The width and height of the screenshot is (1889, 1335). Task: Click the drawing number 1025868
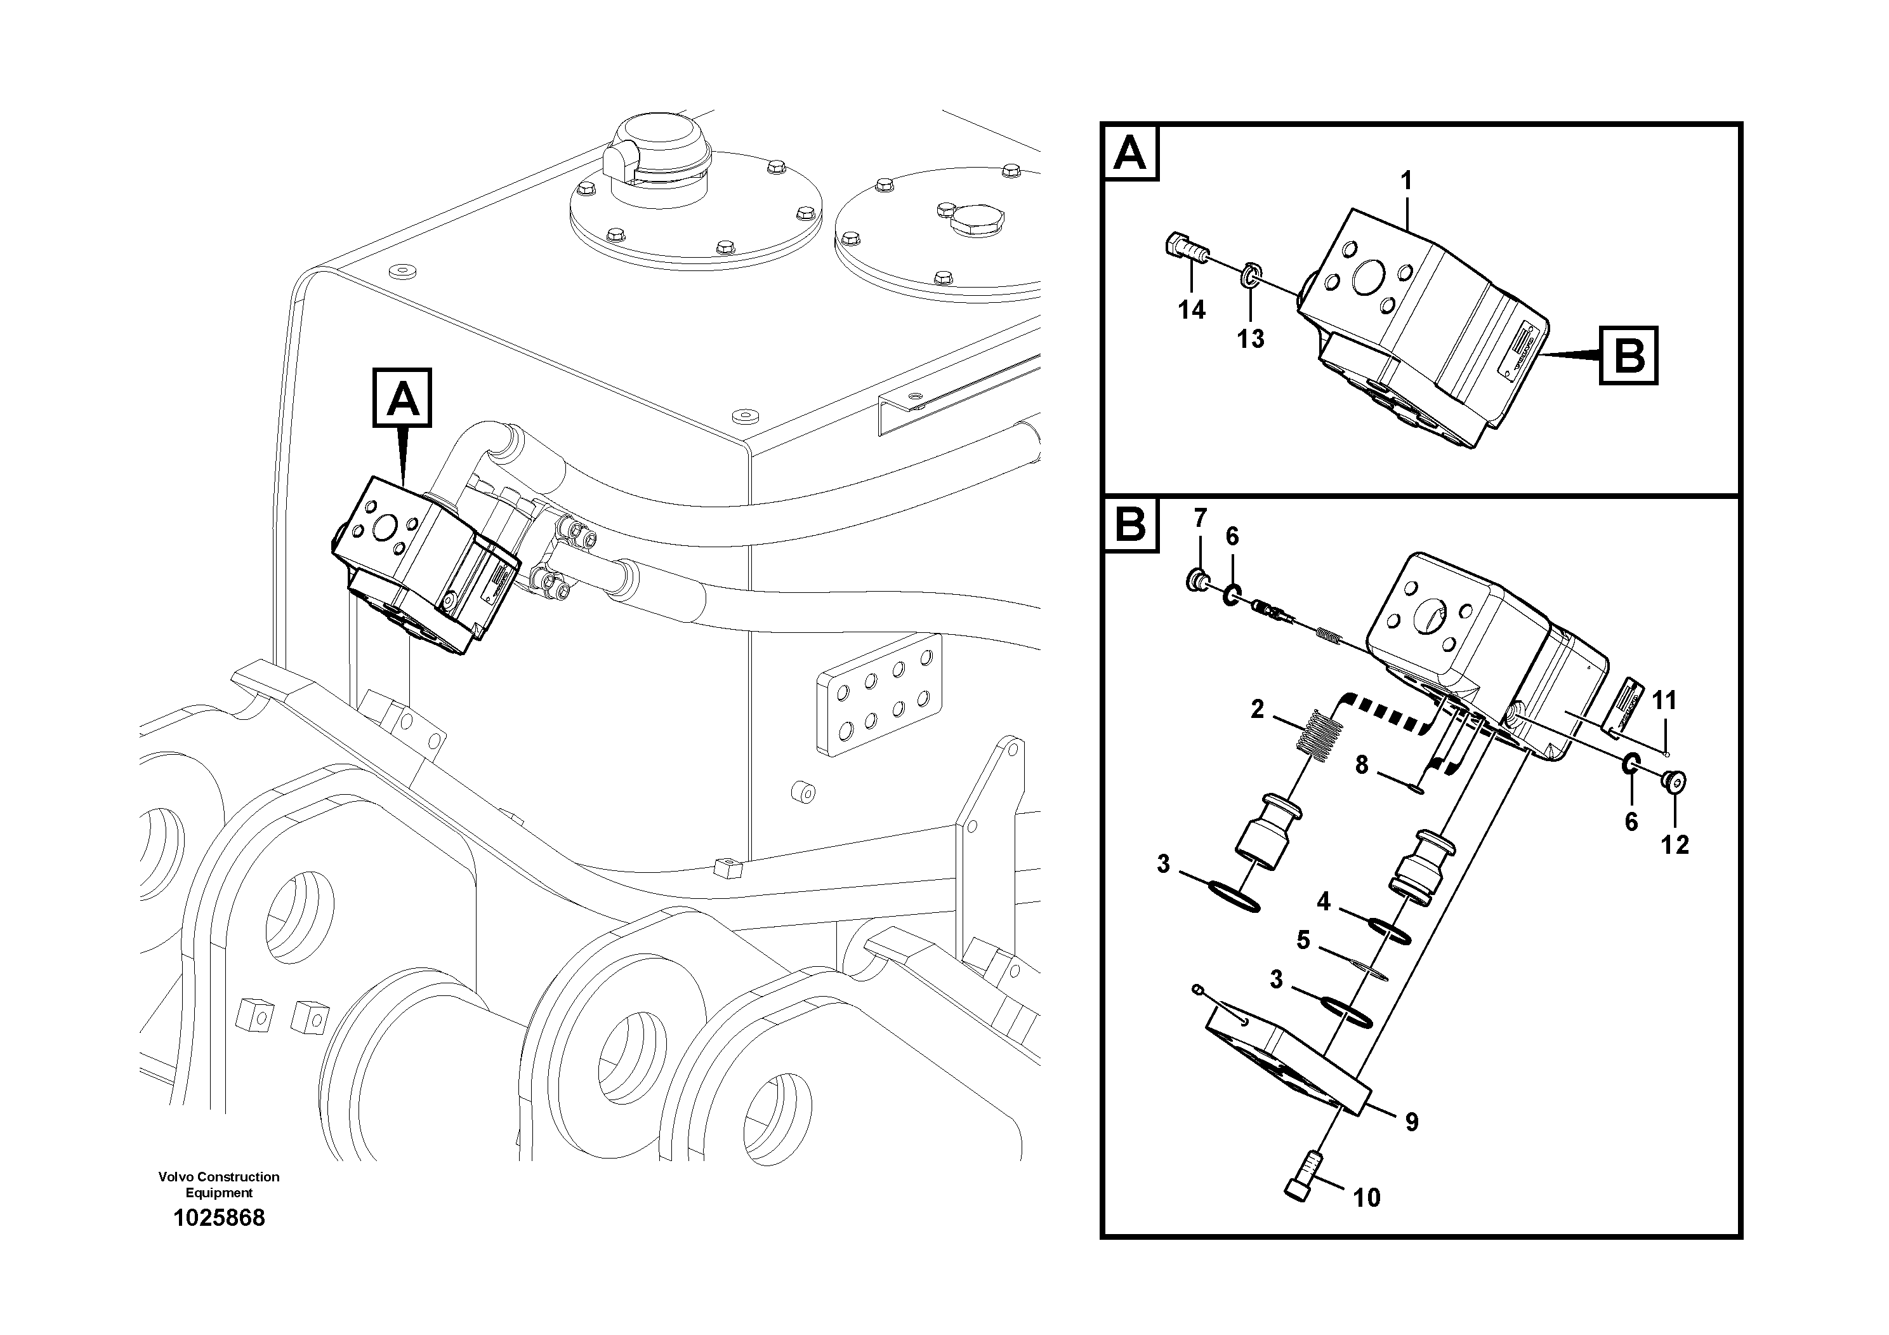click(x=219, y=1218)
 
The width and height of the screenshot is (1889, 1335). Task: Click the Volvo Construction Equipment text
click(x=219, y=1185)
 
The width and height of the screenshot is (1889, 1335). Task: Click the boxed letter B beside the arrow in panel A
click(x=1628, y=356)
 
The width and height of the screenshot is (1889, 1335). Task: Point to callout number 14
click(x=1191, y=310)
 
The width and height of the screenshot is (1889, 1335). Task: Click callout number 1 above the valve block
click(x=1406, y=180)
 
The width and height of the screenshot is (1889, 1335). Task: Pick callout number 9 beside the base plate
click(x=1412, y=1122)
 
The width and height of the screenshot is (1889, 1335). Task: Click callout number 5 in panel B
click(x=1303, y=940)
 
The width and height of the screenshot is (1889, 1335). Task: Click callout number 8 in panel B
click(x=1362, y=766)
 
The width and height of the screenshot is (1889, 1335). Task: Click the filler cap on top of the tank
click(x=657, y=152)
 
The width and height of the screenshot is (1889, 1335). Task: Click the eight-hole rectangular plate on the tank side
click(x=879, y=694)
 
